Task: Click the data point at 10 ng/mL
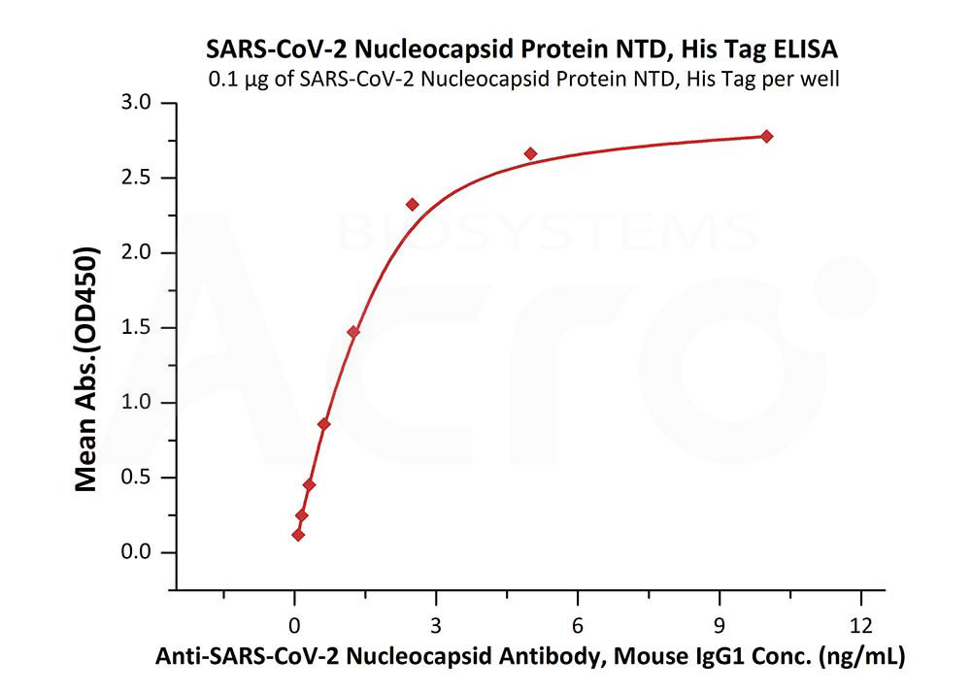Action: tap(766, 136)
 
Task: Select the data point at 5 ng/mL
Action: tap(530, 153)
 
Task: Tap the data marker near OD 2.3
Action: tap(413, 204)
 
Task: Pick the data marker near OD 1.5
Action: tap(353, 332)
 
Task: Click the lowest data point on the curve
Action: tap(298, 535)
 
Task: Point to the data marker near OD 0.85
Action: tap(324, 424)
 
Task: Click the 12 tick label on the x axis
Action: tap(860, 623)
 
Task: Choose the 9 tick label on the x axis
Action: tap(720, 623)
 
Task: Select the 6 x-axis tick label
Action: tap(578, 623)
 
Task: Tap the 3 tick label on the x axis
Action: tap(436, 623)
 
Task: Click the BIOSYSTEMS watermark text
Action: tap(547, 232)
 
